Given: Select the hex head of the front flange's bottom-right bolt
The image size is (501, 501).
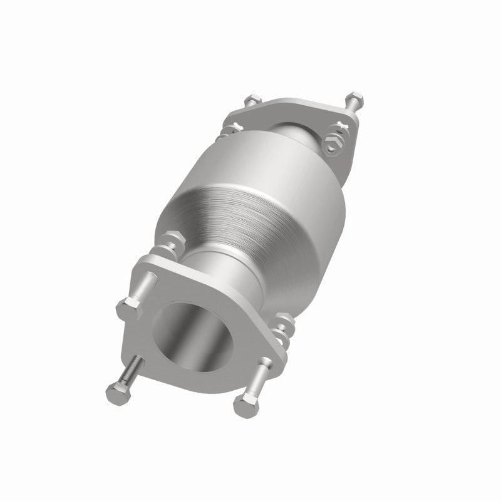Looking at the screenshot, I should pyautogui.click(x=245, y=406).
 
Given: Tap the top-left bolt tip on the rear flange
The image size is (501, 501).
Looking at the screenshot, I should pyautogui.click(x=251, y=100).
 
